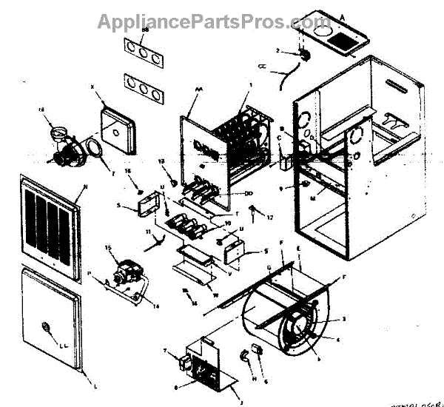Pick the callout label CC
tap(261, 67)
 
